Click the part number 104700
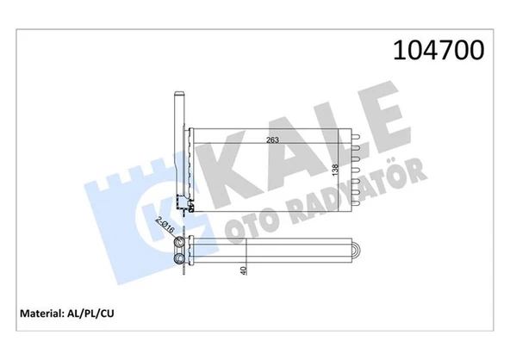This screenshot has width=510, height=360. [438, 50]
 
